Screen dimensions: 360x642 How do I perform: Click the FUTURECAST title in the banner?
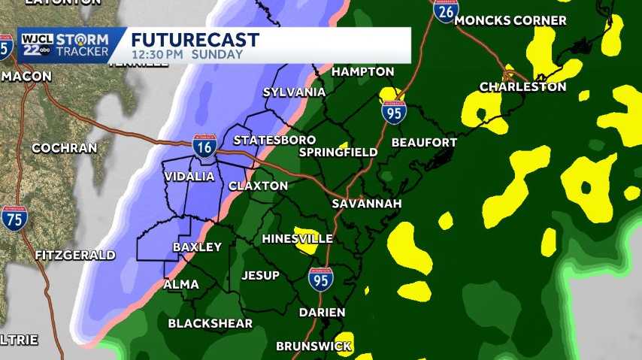pos(195,40)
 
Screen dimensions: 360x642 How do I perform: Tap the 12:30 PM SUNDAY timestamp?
pos(187,55)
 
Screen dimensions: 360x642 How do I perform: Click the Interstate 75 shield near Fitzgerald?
pos(14,217)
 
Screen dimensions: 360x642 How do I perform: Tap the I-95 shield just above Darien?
pos(320,280)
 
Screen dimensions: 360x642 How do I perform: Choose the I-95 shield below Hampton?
pos(394,112)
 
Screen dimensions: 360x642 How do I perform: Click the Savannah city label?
pos(367,204)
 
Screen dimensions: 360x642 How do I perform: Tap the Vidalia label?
pos(189,177)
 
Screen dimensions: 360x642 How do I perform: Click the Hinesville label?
pos(297,238)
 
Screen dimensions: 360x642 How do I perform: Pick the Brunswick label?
pos(313,346)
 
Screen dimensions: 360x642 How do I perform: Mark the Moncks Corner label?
pos(510,20)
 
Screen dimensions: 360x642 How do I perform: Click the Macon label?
pos(26,77)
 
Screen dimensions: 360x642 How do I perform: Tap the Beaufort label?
pos(424,142)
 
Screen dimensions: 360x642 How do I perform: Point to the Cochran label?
pos(64,148)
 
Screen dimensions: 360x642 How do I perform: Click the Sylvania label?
pos(294,92)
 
